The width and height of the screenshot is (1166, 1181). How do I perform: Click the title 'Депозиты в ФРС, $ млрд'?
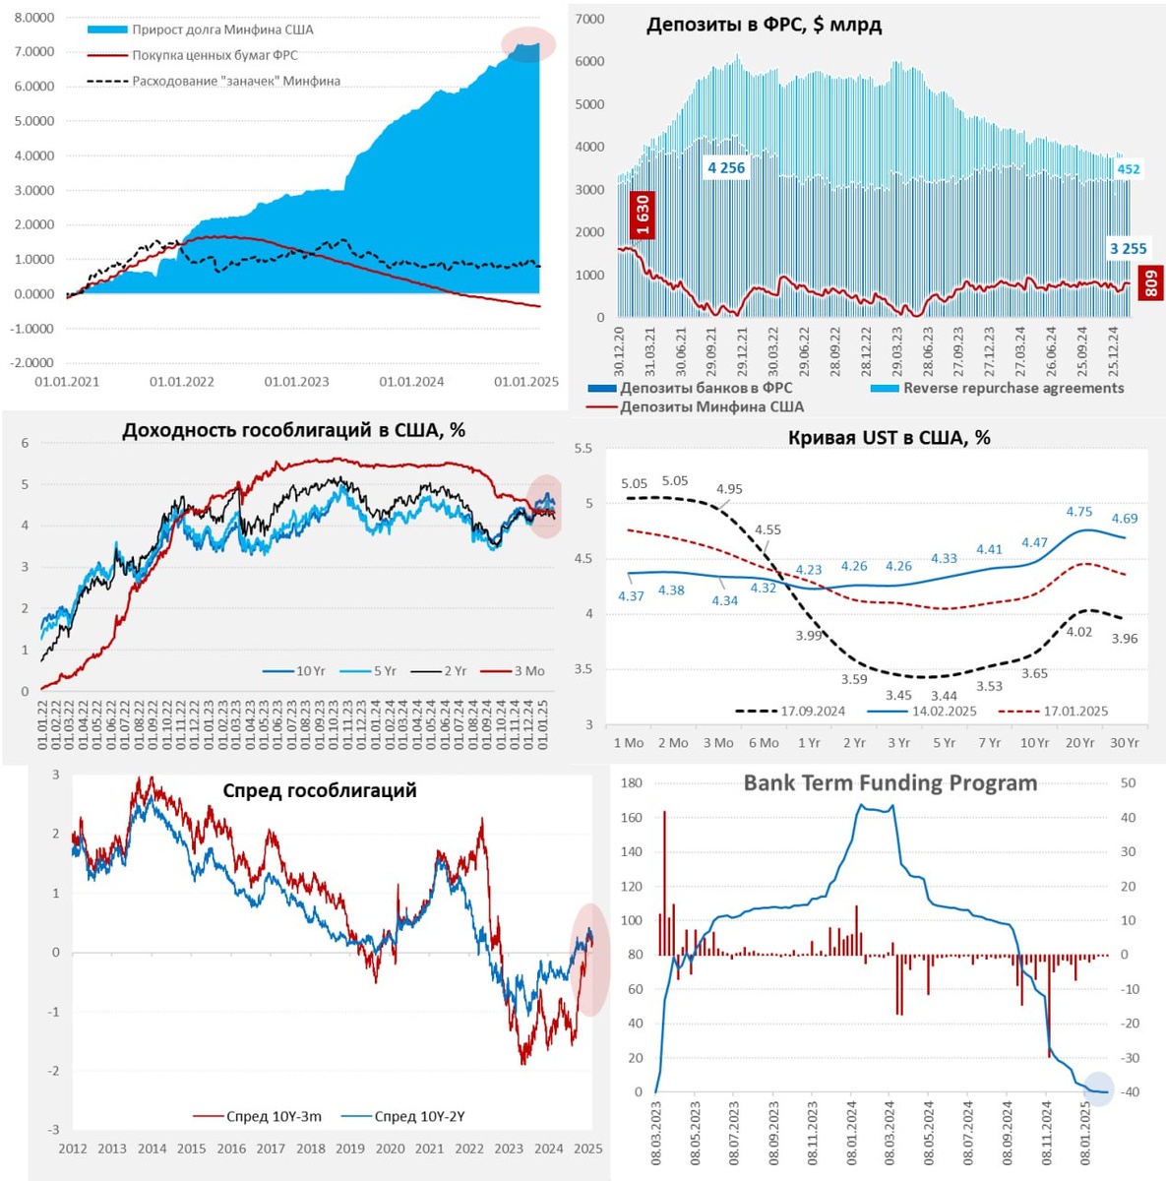pyautogui.click(x=764, y=26)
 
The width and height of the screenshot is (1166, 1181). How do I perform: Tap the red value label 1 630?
pyautogui.click(x=642, y=216)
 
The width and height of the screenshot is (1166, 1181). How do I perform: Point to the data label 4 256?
pyautogui.click(x=726, y=168)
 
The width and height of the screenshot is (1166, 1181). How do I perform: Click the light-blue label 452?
pyautogui.click(x=1128, y=169)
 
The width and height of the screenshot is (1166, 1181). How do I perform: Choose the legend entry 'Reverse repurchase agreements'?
pyautogui.click(x=1013, y=388)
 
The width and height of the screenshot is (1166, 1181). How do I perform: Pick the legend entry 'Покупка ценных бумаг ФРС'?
pyautogui.click(x=215, y=55)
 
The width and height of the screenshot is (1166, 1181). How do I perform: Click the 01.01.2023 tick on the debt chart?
pyautogui.click(x=297, y=382)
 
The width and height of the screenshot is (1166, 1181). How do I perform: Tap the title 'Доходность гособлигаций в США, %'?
pyautogui.click(x=293, y=430)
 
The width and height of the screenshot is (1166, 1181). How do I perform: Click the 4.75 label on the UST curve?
pyautogui.click(x=1079, y=512)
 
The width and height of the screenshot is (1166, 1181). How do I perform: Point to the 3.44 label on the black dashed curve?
pyautogui.click(x=944, y=696)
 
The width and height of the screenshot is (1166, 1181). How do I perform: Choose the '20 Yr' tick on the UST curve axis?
pyautogui.click(x=1079, y=743)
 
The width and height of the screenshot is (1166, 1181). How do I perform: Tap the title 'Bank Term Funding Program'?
pyautogui.click(x=890, y=783)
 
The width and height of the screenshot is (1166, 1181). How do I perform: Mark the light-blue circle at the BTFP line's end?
pyautogui.click(x=1098, y=1089)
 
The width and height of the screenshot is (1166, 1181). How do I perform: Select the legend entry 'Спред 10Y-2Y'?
pyautogui.click(x=419, y=1116)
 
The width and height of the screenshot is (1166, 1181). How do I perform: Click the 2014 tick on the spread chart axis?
pyautogui.click(x=152, y=1149)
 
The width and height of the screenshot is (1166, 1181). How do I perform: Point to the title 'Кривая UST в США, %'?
pyautogui.click(x=889, y=438)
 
